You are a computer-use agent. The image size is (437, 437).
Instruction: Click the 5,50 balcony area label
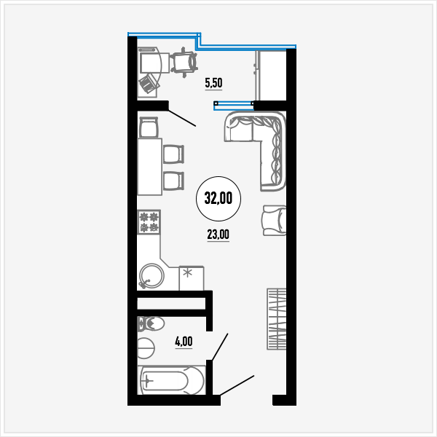pos(213,83)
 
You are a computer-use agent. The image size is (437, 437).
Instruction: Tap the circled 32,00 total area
pos(219,198)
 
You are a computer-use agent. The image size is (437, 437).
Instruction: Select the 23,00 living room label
pos(219,235)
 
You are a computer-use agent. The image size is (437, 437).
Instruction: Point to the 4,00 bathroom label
pos(184,342)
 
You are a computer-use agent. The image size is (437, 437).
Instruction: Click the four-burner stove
pos(149,222)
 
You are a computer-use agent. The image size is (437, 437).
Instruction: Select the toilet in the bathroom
pos(151,324)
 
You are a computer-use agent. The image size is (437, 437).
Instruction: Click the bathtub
pos(171,380)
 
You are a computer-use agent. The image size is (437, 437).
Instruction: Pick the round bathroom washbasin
pos(146,348)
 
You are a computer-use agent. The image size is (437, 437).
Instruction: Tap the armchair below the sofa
pos(275,221)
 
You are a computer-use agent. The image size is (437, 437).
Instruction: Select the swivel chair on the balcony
pos(184,63)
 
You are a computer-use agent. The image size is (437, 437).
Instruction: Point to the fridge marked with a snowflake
pos(191,278)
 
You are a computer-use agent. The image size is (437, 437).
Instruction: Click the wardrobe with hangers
pos(277,319)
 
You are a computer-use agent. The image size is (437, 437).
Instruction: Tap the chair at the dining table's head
pos(149,127)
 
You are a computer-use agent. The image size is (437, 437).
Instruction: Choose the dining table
pos(149,167)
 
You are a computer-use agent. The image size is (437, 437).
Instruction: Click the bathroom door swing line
pos(220,347)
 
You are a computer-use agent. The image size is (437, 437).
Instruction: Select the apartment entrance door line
pos(237,385)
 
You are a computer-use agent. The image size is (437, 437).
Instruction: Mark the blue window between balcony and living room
pos(234,106)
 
